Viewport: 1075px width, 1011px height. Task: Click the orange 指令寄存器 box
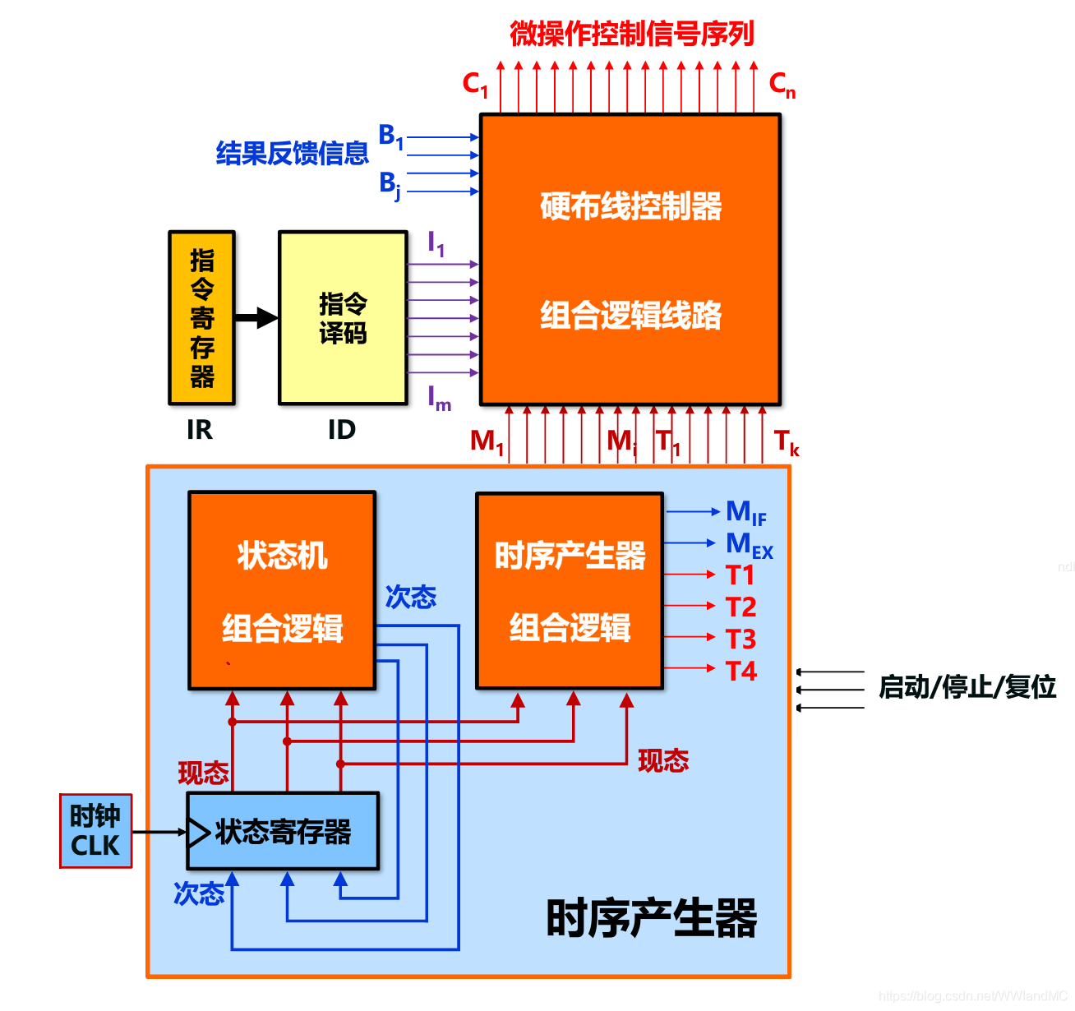(x=202, y=318)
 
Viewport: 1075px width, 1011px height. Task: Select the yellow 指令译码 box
(x=343, y=318)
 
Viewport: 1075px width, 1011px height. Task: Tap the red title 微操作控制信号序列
(x=631, y=34)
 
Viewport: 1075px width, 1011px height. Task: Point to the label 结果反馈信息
(x=292, y=153)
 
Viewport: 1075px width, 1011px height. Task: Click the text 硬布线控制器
(x=630, y=206)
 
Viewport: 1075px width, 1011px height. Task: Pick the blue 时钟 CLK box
(x=95, y=831)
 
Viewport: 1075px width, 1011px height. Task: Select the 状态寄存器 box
(x=283, y=832)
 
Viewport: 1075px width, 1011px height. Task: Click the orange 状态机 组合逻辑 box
(x=282, y=590)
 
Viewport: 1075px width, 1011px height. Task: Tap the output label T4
(x=741, y=671)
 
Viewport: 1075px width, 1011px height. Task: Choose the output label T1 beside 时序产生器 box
(x=740, y=575)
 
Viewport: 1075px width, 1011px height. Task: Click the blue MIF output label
(x=745, y=513)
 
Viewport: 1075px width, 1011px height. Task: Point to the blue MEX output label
(x=749, y=545)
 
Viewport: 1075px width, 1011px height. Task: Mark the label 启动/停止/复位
(x=967, y=686)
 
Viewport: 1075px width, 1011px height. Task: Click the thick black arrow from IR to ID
(x=256, y=317)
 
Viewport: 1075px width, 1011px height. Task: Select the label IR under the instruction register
(x=200, y=430)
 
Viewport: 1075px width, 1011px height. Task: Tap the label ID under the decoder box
(x=342, y=430)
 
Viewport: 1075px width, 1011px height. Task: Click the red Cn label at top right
(x=782, y=85)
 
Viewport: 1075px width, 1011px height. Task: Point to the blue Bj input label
(x=390, y=184)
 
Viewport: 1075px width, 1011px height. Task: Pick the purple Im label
(x=439, y=399)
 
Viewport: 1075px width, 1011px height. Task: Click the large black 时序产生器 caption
(x=651, y=918)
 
